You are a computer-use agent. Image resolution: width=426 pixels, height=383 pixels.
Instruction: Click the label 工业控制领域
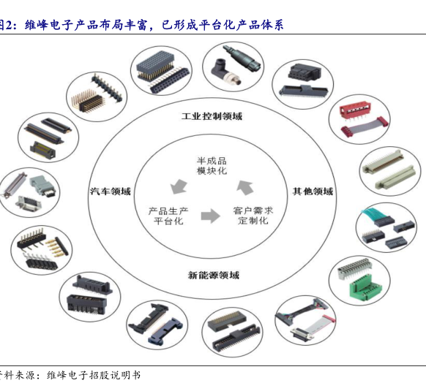coord(212,116)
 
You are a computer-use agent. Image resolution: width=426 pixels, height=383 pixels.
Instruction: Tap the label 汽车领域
coord(111,191)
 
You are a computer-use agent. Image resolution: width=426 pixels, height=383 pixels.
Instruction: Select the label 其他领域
coord(313,191)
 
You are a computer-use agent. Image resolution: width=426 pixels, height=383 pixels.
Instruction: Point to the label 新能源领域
coord(214,275)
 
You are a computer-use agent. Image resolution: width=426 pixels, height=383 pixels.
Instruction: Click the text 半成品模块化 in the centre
coord(212,166)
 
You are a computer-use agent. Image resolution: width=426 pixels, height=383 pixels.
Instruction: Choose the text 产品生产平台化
coord(168,216)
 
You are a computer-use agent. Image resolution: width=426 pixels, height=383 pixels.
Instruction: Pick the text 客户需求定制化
coord(253,216)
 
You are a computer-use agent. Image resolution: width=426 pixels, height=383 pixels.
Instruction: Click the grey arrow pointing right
coord(211,216)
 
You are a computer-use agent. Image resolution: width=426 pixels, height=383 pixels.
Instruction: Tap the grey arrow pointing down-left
coord(179,186)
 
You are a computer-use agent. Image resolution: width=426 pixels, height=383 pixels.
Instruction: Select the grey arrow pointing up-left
coord(245,187)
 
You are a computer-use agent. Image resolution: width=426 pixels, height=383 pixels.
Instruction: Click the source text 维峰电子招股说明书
coord(94,375)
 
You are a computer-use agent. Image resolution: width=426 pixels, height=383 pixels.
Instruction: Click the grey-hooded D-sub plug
coord(43,186)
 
